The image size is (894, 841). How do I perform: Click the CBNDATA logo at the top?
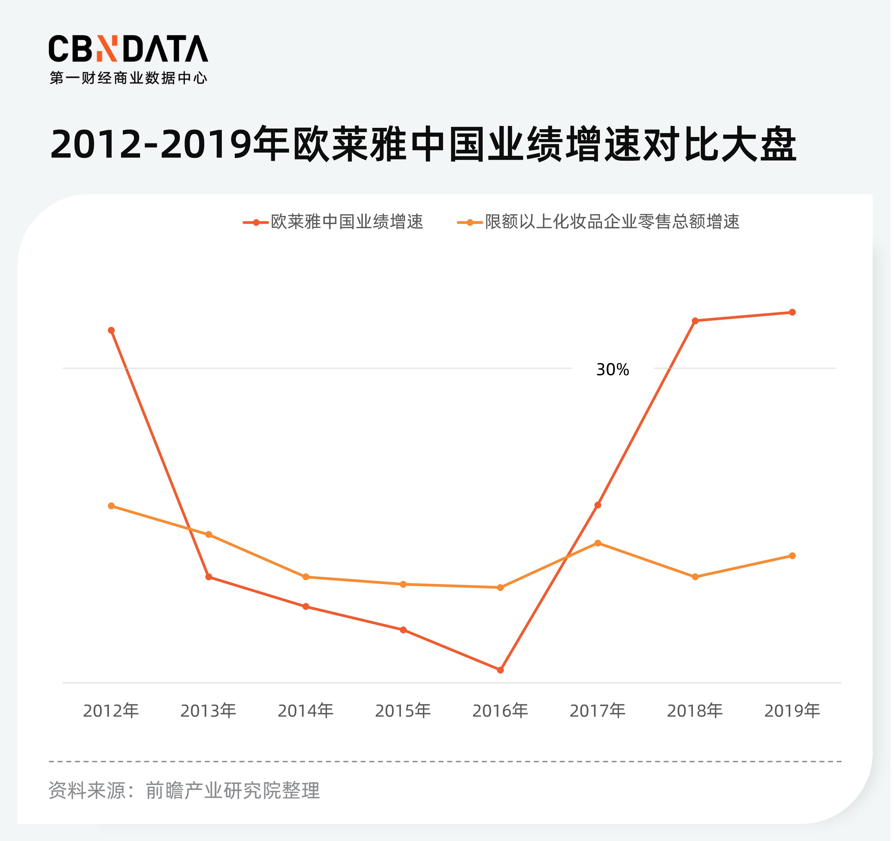point(128,49)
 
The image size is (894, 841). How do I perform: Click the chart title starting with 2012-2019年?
point(423,145)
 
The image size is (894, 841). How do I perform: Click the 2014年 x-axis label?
point(306,711)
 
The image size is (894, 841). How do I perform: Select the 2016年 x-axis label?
point(500,711)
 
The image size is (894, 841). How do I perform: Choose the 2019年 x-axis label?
point(792,711)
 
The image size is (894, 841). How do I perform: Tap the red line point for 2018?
point(695,320)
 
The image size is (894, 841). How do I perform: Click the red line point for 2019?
point(792,312)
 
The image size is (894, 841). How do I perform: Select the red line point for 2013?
point(209,577)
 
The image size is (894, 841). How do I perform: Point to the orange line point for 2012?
point(111,506)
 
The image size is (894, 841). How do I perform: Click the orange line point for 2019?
point(792,556)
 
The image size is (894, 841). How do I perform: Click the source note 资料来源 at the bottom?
point(184,791)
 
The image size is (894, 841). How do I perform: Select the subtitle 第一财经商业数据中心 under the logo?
point(128,78)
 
